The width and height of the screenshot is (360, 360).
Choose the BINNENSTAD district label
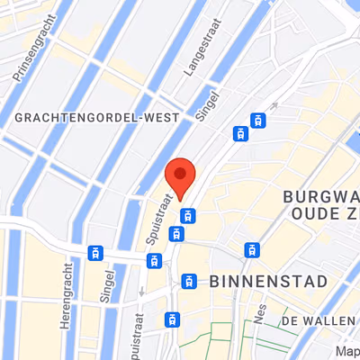tap(268, 282)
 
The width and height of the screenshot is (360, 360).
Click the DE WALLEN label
tap(318, 320)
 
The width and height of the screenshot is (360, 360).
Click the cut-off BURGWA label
tap(320, 196)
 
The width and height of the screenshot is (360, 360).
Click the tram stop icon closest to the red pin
tap(188, 215)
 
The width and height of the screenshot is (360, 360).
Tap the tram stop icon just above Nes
tap(253, 249)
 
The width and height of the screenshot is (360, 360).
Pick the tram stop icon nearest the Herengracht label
tap(95, 253)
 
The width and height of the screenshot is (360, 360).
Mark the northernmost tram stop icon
tap(259, 119)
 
